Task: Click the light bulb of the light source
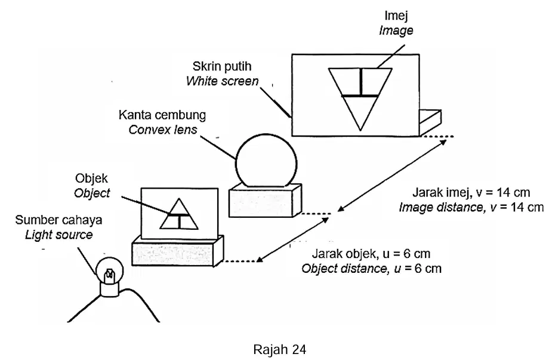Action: pos(110,270)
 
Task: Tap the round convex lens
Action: pos(267,161)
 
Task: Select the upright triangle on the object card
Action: pos(179,214)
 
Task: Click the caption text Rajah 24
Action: pos(280,349)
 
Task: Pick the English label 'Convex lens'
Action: pos(163,130)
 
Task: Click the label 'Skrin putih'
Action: pos(222,66)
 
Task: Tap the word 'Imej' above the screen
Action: pos(396,16)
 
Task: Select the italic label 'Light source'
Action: pos(59,235)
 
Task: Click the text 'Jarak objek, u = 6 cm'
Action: pos(371,254)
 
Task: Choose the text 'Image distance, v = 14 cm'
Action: pos(471,207)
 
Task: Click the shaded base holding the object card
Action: pos(178,251)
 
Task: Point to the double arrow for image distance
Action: pos(392,176)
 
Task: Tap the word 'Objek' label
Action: pos(91,179)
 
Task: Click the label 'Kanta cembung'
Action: pos(162,115)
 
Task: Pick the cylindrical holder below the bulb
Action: pos(110,290)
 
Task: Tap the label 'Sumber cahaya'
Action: pos(58,220)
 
